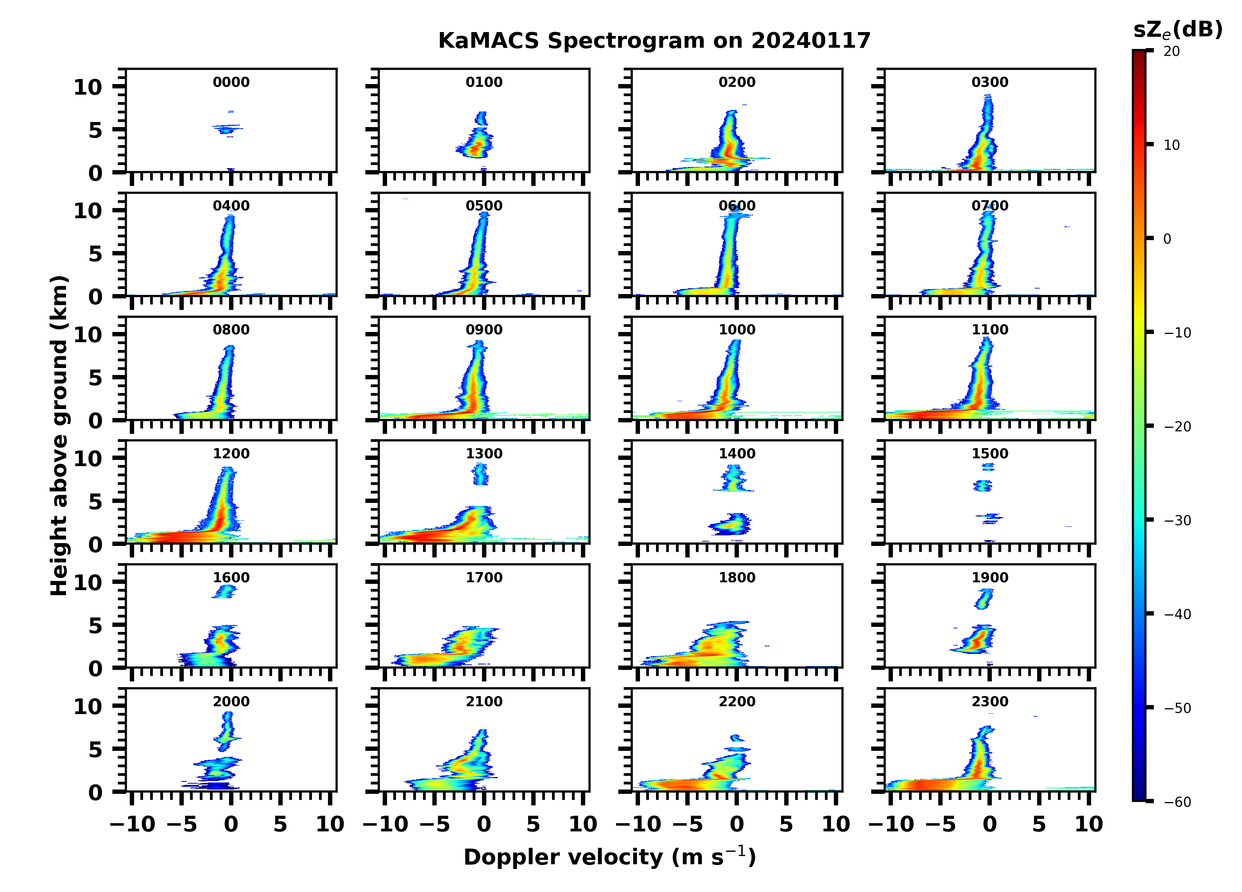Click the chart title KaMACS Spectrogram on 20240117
click(x=654, y=41)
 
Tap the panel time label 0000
click(x=231, y=82)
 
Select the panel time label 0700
click(x=989, y=206)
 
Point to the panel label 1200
click(x=231, y=454)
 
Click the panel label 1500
click(x=989, y=454)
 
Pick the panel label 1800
click(x=737, y=578)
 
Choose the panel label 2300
click(x=989, y=701)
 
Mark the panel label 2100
click(x=484, y=701)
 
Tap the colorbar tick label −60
click(x=1177, y=802)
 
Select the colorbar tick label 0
click(x=1167, y=239)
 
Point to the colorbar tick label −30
click(x=1177, y=520)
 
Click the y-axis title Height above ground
click(x=59, y=436)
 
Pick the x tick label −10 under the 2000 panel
click(x=133, y=824)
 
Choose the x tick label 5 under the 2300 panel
click(x=1039, y=824)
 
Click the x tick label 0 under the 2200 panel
click(x=737, y=824)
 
